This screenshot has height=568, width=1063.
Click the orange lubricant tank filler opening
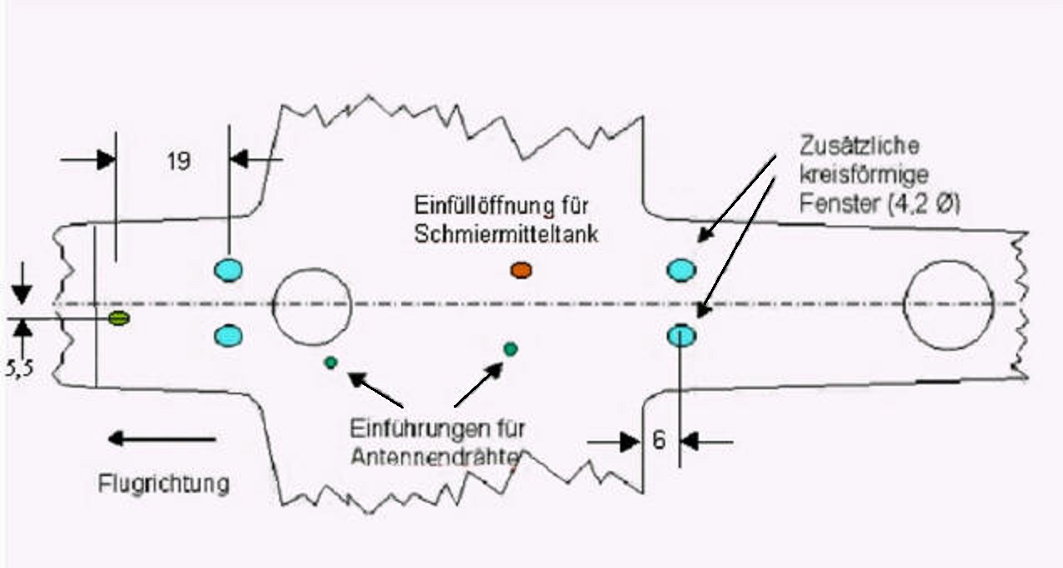coord(521,269)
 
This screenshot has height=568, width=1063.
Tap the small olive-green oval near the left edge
coord(119,318)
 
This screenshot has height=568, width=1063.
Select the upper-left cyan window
coord(227,270)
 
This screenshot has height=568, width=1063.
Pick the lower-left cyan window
coord(227,336)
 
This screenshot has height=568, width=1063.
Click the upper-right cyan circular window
coord(681,270)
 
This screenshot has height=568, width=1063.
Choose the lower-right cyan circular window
coord(681,336)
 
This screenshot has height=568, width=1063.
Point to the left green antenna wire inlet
coord(331,363)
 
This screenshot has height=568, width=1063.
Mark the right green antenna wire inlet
coord(511,348)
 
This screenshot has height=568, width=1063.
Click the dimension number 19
coord(178,161)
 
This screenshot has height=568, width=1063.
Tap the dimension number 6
coord(659,440)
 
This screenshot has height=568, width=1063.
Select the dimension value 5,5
coord(20,368)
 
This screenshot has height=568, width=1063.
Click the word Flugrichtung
coord(164,484)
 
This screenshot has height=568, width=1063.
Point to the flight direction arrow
coord(162,439)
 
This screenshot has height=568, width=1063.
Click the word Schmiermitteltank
coord(506,235)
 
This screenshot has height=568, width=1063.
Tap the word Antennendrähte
coord(436,457)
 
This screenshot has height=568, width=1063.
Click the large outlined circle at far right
coord(949,304)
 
